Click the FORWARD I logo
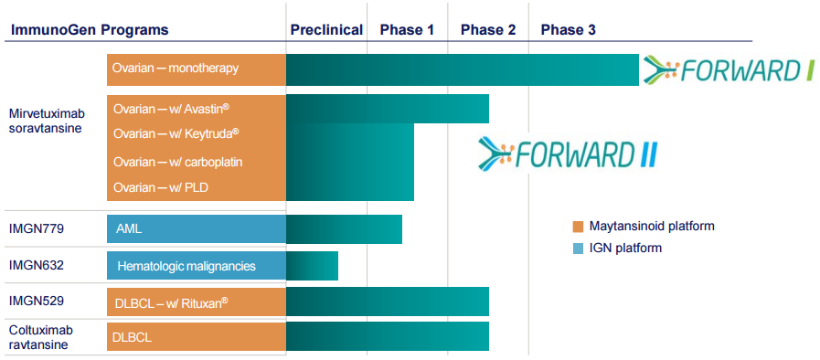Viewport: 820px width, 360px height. point(728,69)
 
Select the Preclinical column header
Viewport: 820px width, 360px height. point(326,29)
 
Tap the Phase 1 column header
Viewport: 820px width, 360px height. point(407,29)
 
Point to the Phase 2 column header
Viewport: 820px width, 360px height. point(488,29)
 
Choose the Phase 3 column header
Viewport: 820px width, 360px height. point(568,29)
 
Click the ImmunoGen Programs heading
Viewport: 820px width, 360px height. point(90,29)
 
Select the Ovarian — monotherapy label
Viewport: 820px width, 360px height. point(175,69)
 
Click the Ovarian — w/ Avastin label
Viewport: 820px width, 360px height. point(171,109)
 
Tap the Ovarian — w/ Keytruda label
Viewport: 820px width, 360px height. point(176,133)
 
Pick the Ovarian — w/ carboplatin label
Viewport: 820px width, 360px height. point(177,162)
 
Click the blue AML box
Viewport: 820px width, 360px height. point(197,228)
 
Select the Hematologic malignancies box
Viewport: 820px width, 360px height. point(197,267)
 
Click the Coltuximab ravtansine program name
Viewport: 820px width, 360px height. point(41,337)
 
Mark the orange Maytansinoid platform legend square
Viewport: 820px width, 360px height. point(577,227)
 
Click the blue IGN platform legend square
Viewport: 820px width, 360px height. point(577,249)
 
